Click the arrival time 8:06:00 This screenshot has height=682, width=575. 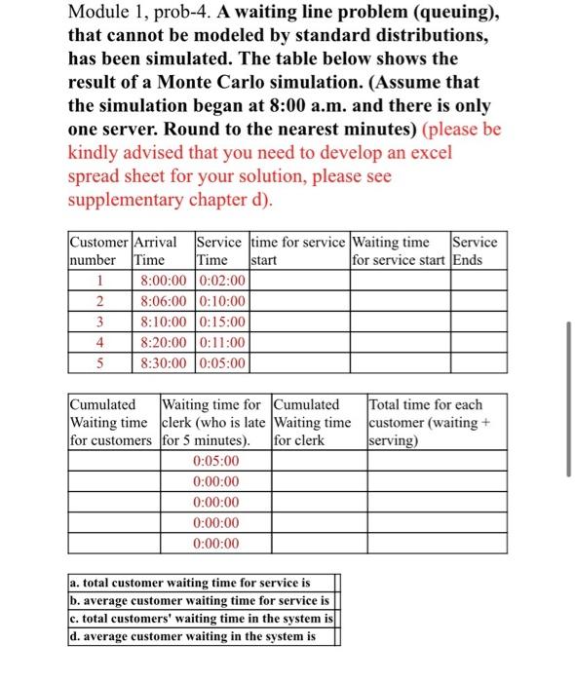(163, 301)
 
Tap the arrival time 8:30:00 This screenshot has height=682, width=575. (163, 362)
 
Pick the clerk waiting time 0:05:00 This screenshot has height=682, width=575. (215, 461)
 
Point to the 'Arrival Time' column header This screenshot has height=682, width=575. (162, 251)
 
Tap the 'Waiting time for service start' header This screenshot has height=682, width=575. (400, 251)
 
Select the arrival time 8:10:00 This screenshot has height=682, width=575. (163, 322)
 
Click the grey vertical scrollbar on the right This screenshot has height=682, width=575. (567, 399)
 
